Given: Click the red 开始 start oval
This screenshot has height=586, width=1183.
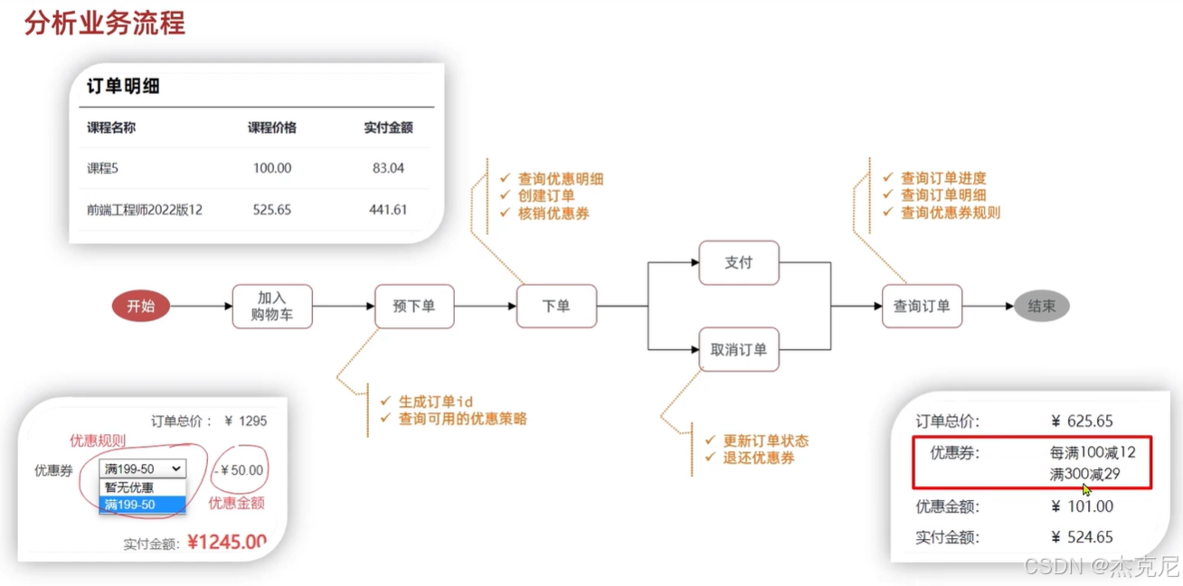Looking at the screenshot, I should coord(140,307).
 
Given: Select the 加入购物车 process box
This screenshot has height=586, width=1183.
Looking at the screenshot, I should coord(272,307).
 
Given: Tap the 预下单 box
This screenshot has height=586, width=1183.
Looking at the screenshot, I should coord(414,307).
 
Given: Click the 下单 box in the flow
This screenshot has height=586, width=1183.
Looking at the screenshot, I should coord(556,307).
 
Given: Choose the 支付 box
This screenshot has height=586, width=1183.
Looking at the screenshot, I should coord(739,263).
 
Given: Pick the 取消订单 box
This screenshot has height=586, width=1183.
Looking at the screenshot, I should coord(739,350).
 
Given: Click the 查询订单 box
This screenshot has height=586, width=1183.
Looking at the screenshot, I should coord(922,307).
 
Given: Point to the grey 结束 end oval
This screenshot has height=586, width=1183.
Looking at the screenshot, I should coord(1041,307).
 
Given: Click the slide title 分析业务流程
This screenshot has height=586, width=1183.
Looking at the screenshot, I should coord(104,24).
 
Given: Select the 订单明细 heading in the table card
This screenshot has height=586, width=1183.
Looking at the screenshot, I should coord(123,87).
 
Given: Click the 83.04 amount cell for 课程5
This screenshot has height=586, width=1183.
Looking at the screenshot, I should coord(388,168).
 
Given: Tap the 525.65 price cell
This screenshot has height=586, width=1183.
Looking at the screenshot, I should coord(272,210).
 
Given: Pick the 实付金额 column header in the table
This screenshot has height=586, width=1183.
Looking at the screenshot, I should coord(388,128).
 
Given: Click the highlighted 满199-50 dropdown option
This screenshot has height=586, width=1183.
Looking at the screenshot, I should coord(142,505).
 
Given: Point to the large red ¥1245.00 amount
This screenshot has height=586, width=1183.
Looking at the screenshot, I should coord(227,543).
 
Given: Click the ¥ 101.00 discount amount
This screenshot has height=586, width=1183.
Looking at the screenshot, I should coord(1083,506).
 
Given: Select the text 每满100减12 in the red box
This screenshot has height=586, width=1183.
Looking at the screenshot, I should coord(1093,452).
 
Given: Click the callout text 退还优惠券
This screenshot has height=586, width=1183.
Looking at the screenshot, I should coord(759,458).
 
